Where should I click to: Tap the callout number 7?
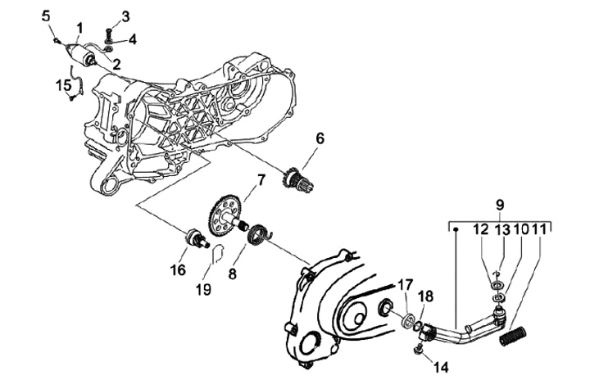coord(261,179)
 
